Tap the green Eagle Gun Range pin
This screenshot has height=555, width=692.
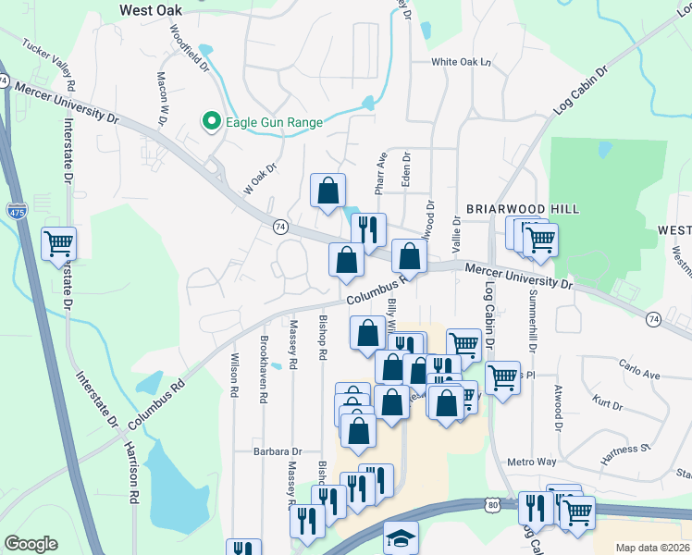point(211,122)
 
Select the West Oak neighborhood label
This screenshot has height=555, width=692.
point(152,10)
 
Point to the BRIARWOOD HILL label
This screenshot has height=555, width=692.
point(523,209)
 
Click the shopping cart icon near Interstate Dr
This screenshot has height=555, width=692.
point(59,243)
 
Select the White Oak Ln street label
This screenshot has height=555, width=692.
point(460,62)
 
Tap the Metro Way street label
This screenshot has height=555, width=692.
point(532,462)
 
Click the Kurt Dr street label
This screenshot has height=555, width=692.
point(608,404)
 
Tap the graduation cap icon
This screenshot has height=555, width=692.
point(402,537)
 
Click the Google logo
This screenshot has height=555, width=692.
point(31,544)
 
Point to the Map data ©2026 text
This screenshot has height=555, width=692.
point(652,548)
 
